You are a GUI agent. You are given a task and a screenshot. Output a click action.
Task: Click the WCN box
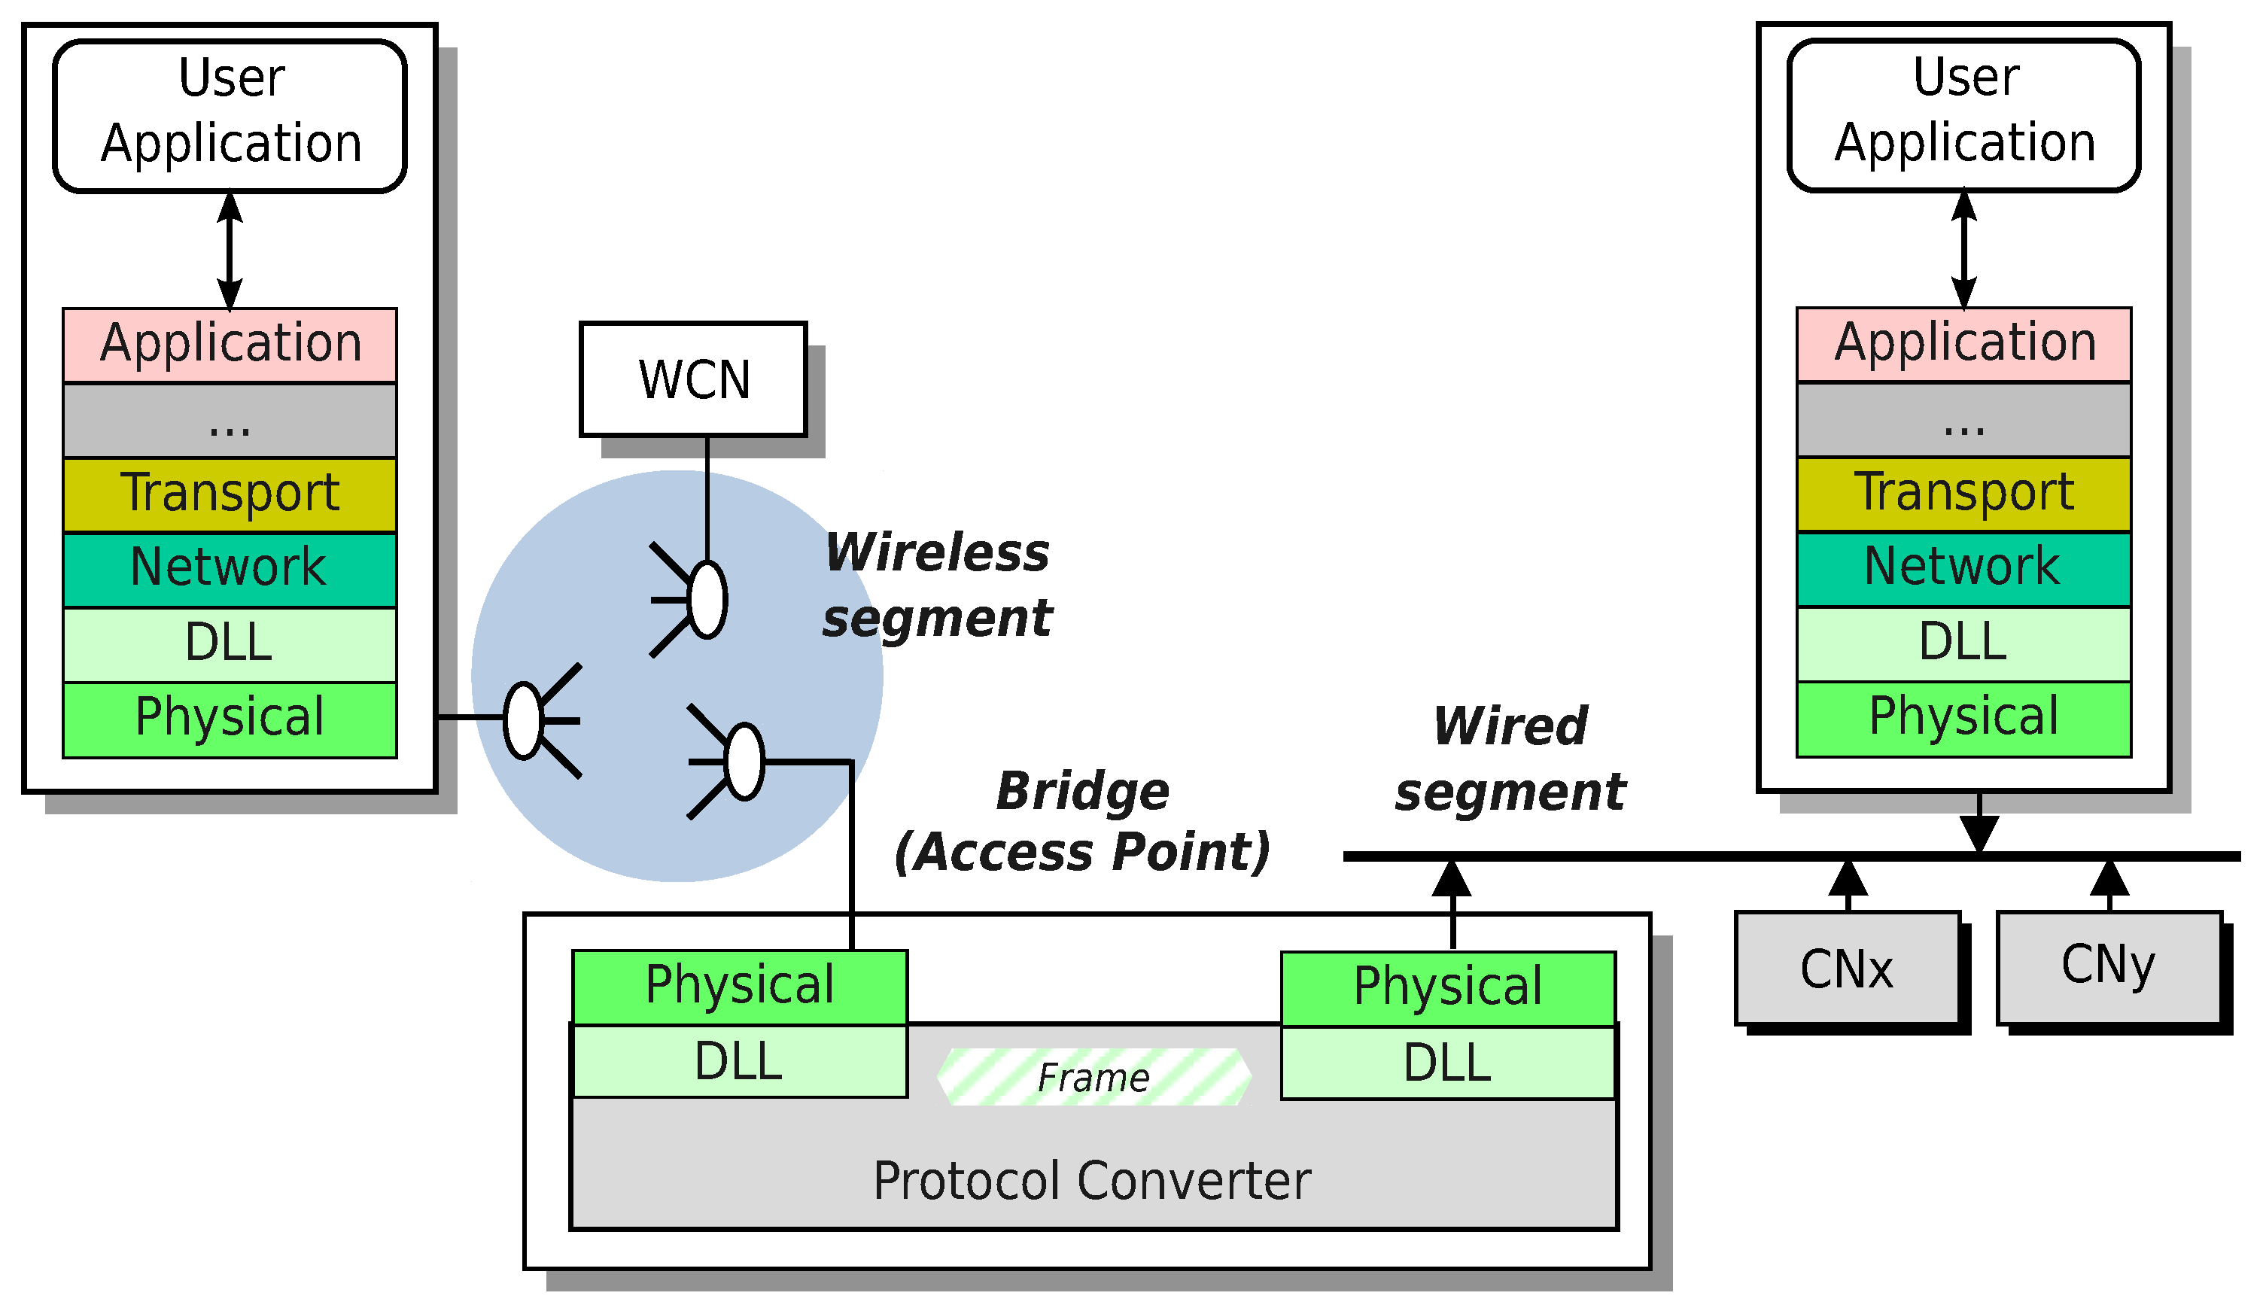coord(693,379)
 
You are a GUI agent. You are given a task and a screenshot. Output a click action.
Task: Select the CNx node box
coord(1848,969)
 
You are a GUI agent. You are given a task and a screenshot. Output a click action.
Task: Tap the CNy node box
coord(2109,969)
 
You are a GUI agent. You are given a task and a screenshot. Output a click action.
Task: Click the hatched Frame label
coord(1093,1077)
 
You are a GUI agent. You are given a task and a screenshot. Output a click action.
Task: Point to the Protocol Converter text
coord(1093,1182)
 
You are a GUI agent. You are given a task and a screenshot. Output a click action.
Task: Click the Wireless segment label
coord(937,586)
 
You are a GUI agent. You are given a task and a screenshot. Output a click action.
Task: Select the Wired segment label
coord(1510,759)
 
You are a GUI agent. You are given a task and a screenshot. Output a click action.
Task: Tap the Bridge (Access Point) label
coord(1084,821)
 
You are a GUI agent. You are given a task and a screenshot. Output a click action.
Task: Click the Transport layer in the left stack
coord(230,494)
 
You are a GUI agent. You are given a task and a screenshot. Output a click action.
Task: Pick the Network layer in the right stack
coord(1964,569)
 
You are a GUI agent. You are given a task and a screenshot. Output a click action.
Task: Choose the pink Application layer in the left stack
coord(230,345)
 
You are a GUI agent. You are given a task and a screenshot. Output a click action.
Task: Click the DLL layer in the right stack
coord(1964,643)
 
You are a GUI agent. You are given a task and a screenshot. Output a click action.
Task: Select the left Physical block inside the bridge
coord(740,987)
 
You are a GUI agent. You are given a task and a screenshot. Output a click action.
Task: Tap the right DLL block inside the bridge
coord(1449,1063)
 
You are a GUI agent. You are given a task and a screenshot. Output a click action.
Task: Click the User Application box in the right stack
coord(1965,115)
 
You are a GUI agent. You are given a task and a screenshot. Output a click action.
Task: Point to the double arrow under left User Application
coord(230,251)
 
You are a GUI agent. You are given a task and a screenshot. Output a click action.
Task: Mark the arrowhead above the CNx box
coord(1848,878)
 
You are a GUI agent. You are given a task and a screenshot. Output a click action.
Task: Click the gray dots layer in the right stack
coord(1964,420)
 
